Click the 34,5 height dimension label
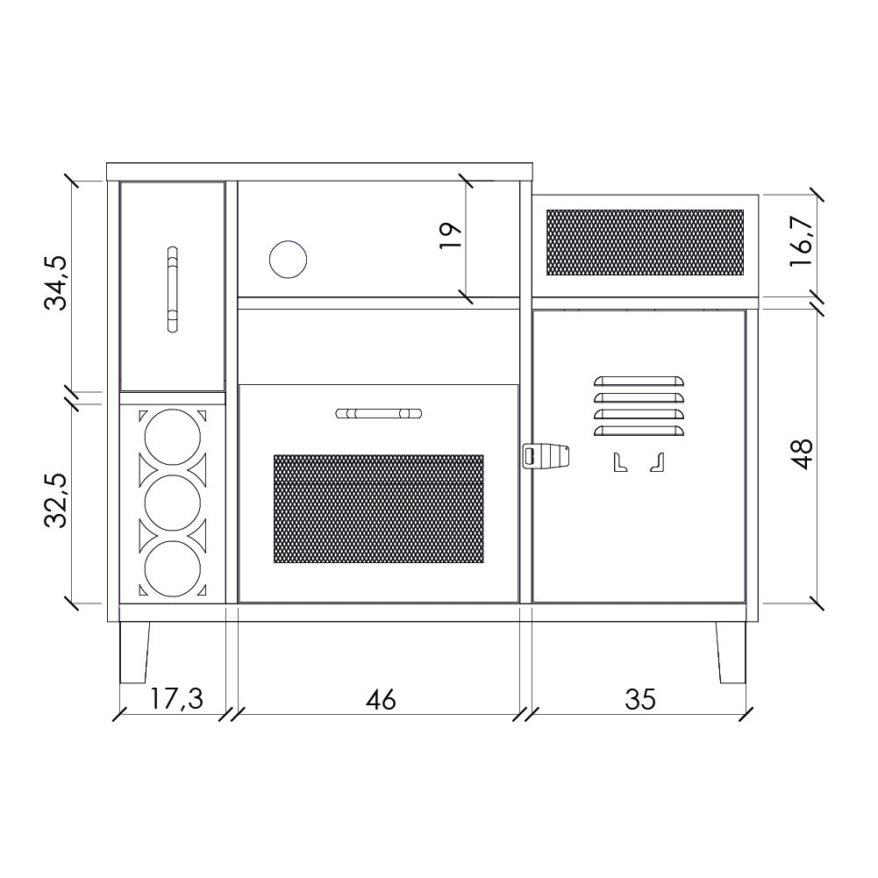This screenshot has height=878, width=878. [x=56, y=282]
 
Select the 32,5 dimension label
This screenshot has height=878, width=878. [x=56, y=501]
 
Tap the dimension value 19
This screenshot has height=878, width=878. [x=450, y=236]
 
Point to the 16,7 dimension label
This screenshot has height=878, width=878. [x=802, y=241]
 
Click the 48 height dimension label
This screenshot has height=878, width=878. [x=802, y=454]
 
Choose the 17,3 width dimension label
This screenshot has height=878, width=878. [x=175, y=699]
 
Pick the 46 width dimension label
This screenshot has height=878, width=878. [x=381, y=700]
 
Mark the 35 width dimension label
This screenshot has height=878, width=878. [x=640, y=699]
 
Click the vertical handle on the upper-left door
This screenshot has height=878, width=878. [x=173, y=289]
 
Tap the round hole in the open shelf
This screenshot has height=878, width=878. [x=288, y=260]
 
